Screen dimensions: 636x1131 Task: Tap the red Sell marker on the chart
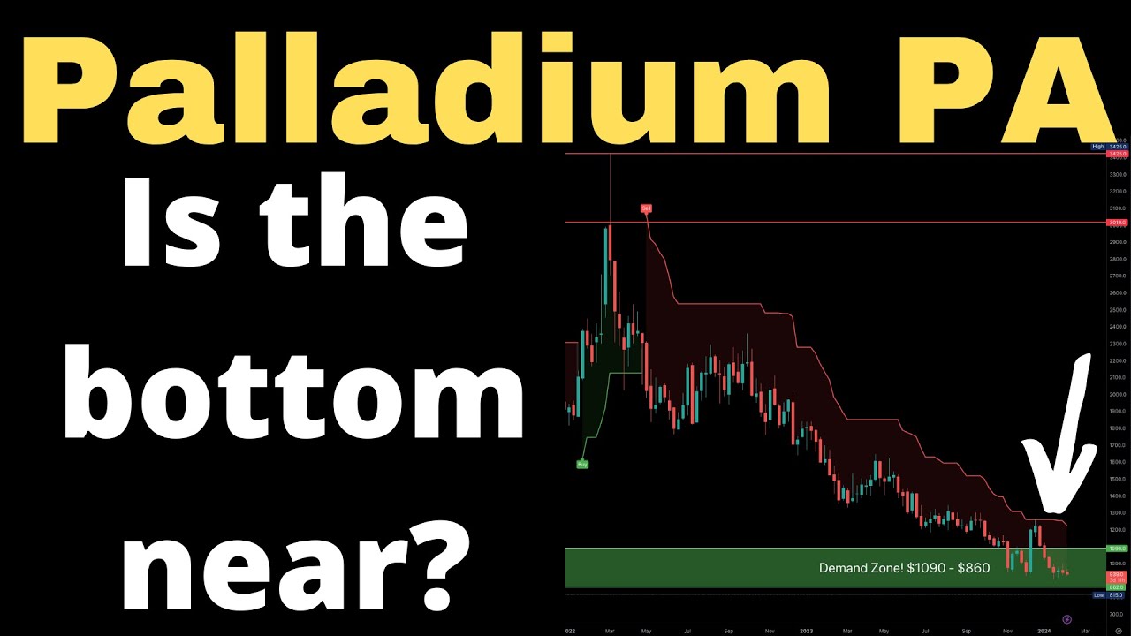646,209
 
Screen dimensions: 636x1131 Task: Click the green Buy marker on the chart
582,463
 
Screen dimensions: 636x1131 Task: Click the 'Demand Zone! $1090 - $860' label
904,568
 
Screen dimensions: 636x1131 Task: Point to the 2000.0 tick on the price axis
1116,394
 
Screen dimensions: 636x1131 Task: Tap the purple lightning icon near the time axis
1066,619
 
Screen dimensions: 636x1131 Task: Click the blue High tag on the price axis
1098,147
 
